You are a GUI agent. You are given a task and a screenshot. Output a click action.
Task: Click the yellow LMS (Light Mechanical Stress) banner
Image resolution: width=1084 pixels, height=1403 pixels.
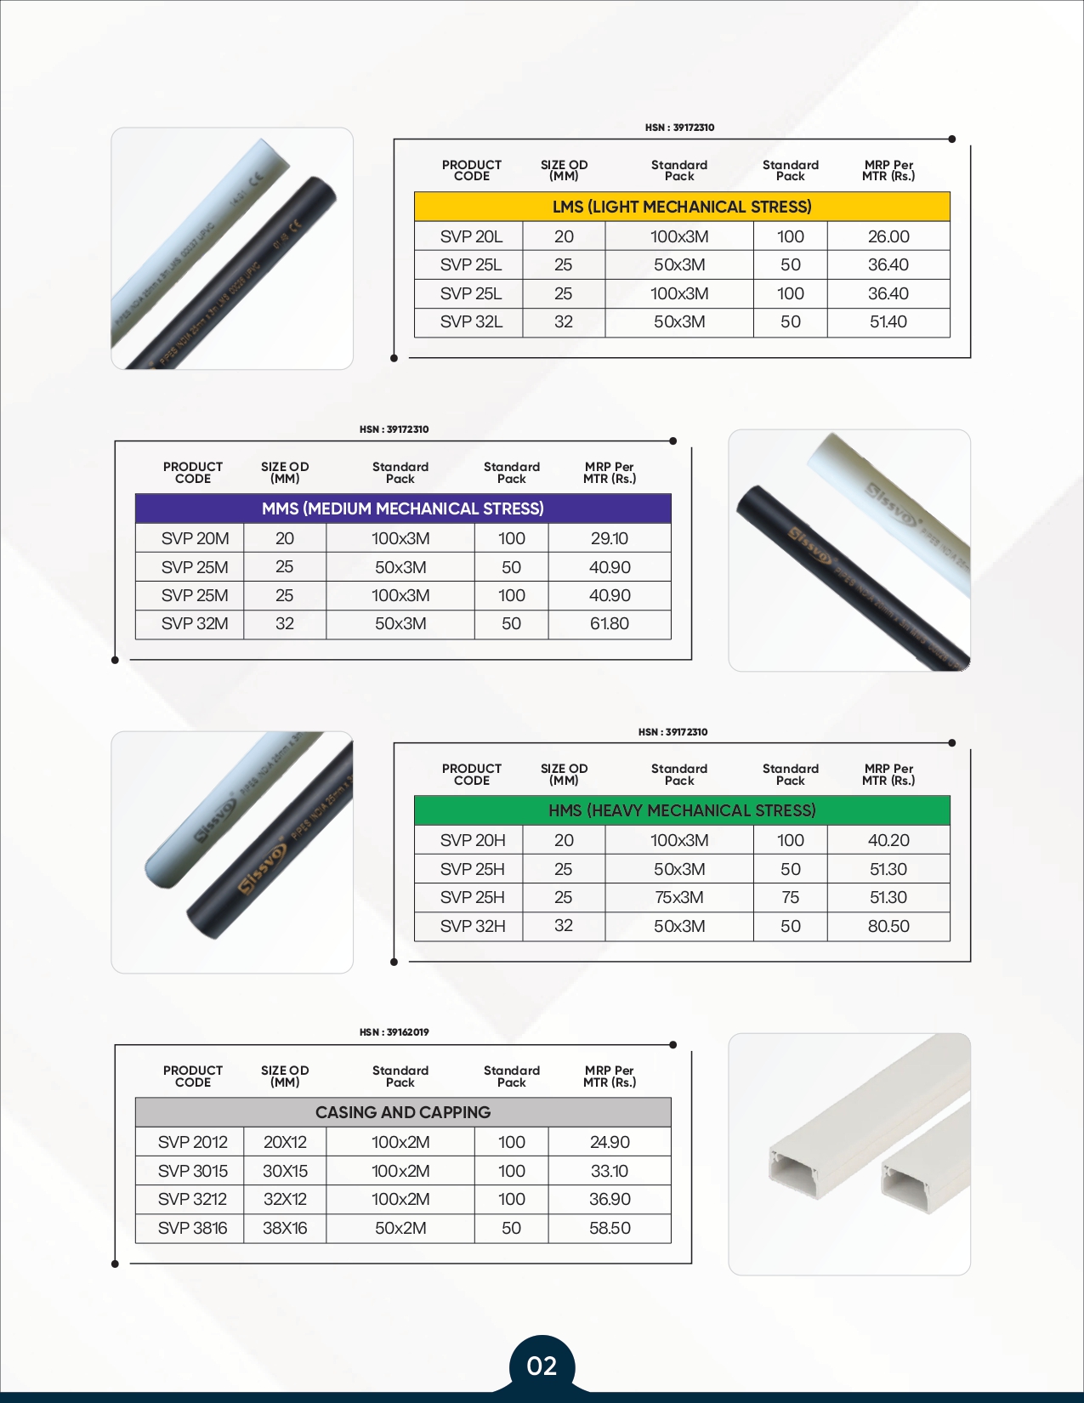tap(682, 207)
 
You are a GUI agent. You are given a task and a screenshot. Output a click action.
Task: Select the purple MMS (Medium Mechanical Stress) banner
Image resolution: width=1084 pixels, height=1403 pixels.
tap(403, 508)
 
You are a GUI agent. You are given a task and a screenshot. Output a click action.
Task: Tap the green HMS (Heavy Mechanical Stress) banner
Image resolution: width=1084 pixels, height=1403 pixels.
tap(682, 810)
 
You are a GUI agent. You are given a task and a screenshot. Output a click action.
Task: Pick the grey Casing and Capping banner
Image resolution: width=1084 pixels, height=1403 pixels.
tap(403, 1112)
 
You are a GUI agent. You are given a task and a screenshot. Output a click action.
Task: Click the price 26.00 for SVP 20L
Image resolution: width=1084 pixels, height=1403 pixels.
tap(888, 236)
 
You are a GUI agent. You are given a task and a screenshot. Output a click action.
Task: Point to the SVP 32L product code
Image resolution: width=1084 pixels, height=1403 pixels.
tap(471, 322)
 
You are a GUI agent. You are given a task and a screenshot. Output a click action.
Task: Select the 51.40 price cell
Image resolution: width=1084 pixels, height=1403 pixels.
tap(888, 322)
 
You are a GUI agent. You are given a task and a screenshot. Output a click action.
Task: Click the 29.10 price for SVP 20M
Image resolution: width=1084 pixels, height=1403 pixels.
tap(610, 538)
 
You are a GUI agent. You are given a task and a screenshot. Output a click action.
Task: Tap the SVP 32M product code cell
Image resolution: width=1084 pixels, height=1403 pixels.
tap(195, 624)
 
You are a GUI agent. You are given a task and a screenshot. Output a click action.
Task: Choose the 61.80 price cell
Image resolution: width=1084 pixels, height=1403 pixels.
tap(610, 624)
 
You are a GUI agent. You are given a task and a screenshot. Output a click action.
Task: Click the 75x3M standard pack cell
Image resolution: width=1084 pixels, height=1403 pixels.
tap(679, 897)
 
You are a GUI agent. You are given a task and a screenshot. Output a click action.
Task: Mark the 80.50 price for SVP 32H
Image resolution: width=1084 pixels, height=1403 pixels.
tap(888, 926)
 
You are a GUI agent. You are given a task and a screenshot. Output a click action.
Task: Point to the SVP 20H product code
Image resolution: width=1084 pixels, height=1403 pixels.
tap(473, 840)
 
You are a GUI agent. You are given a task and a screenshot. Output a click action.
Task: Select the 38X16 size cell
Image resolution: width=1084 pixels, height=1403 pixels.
tap(285, 1228)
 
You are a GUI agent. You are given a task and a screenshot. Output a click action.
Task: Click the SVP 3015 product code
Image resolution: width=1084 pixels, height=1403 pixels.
tap(193, 1171)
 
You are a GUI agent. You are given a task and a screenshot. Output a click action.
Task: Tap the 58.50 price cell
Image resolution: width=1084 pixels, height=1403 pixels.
tap(610, 1228)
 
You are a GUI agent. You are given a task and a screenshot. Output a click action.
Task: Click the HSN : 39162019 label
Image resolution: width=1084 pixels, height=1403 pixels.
tap(394, 1032)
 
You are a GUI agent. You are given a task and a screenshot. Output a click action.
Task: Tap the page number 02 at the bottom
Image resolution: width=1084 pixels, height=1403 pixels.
tap(542, 1366)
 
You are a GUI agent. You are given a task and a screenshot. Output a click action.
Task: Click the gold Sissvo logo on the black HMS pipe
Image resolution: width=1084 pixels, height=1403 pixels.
tap(261, 869)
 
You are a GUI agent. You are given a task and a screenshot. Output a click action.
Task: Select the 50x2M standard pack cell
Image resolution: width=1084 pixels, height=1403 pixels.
tap(400, 1228)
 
